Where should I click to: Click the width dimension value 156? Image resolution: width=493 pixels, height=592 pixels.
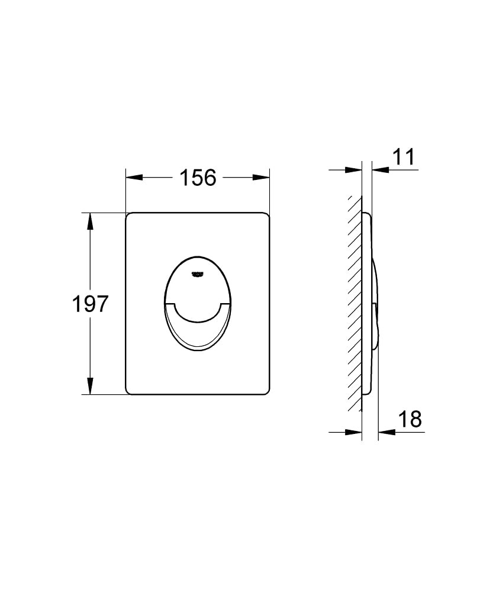[198, 177]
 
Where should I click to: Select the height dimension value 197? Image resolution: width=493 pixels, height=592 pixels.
[90, 304]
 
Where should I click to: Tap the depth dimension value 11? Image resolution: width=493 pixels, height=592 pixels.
[404, 157]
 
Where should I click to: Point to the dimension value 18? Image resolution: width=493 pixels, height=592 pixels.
[410, 419]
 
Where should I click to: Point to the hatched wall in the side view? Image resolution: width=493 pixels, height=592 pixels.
[355, 302]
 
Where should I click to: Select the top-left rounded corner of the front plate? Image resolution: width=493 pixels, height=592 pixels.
[130, 215]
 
